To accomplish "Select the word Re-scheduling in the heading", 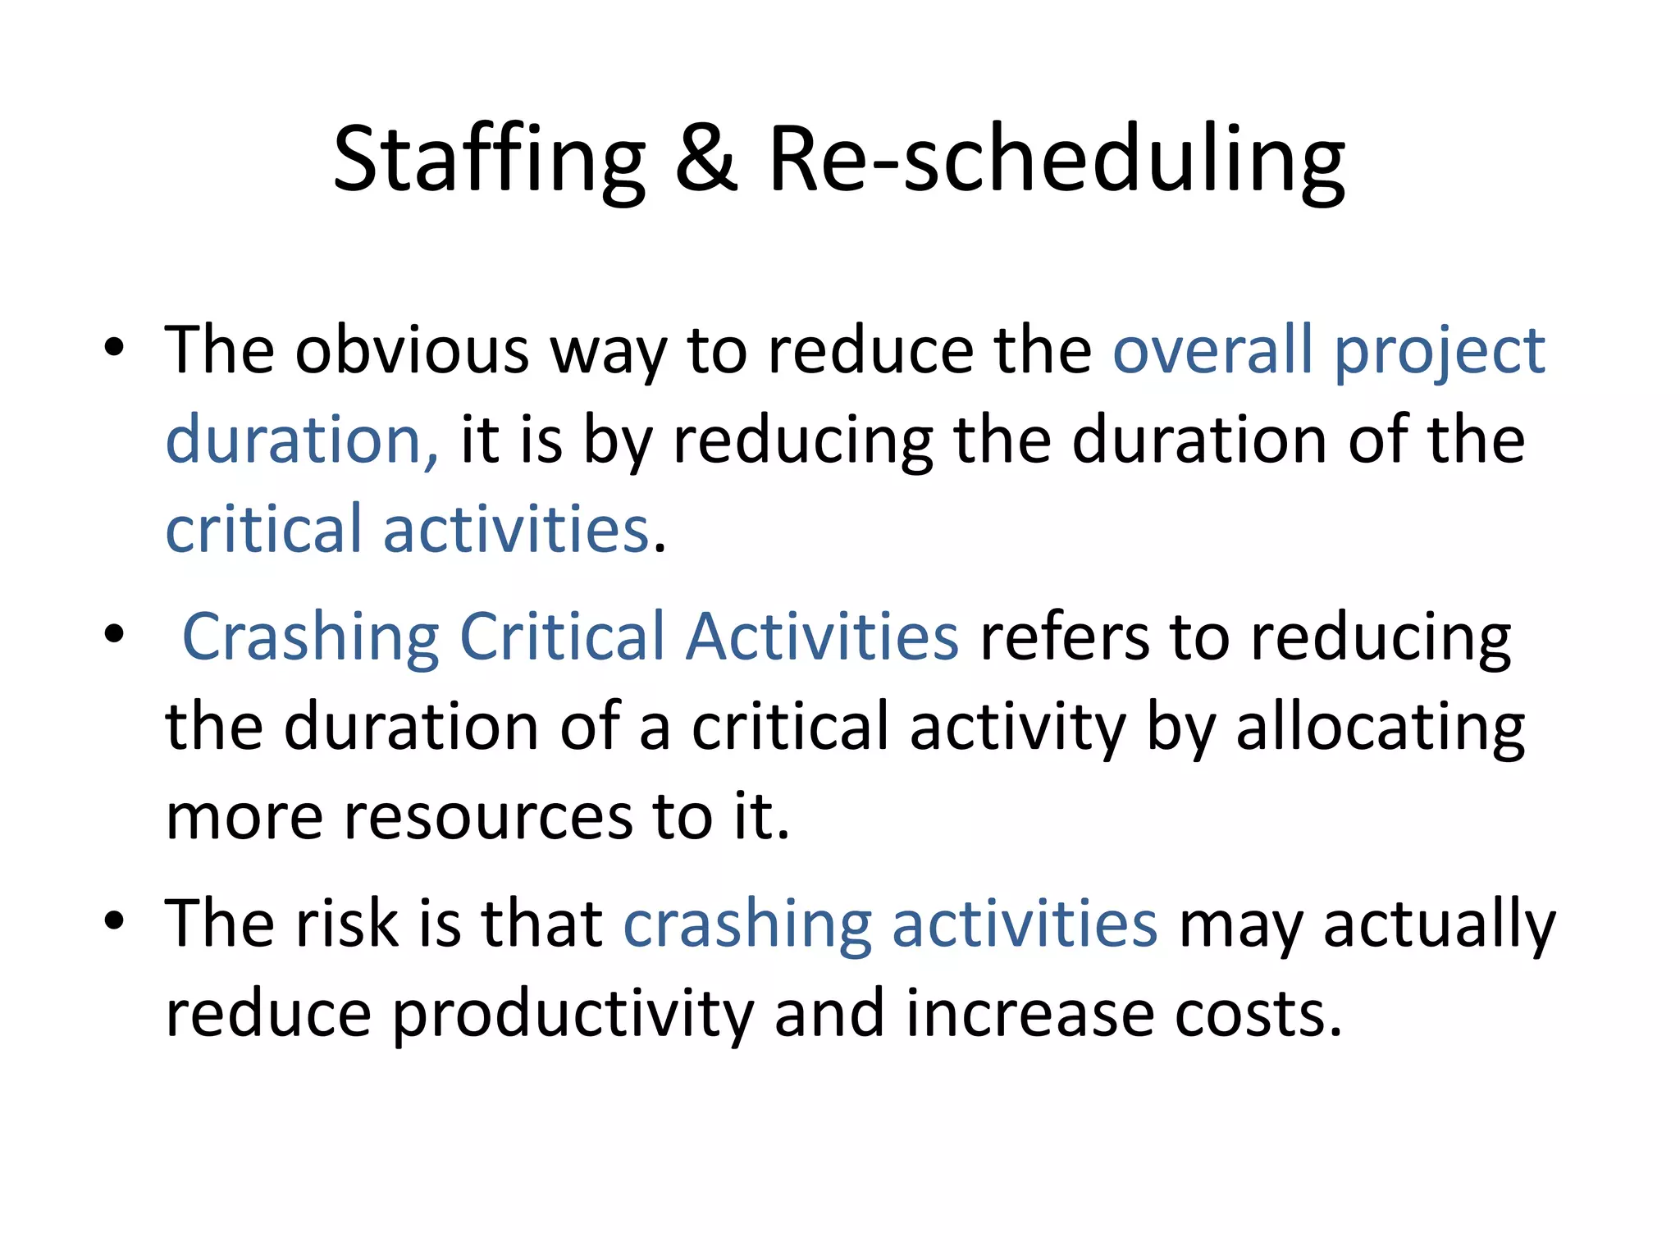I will tap(1056, 160).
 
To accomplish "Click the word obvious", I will tap(412, 350).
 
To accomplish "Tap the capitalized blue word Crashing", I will tap(311, 637).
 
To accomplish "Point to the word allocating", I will tap(1380, 728).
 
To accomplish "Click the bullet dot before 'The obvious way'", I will tap(114, 347).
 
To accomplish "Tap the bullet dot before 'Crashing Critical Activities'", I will tap(114, 633).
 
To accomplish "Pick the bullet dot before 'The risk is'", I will tap(114, 920).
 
